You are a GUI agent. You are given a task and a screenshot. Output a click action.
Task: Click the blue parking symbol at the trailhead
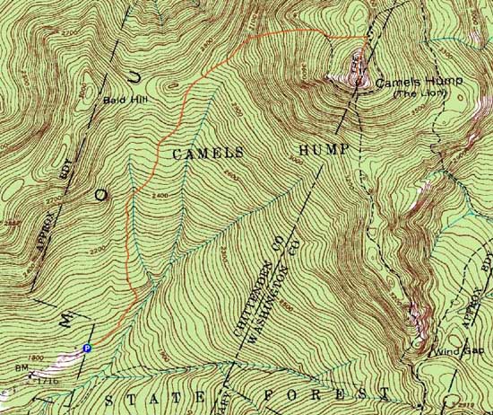(87, 348)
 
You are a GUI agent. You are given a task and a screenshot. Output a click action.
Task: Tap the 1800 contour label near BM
(37, 358)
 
